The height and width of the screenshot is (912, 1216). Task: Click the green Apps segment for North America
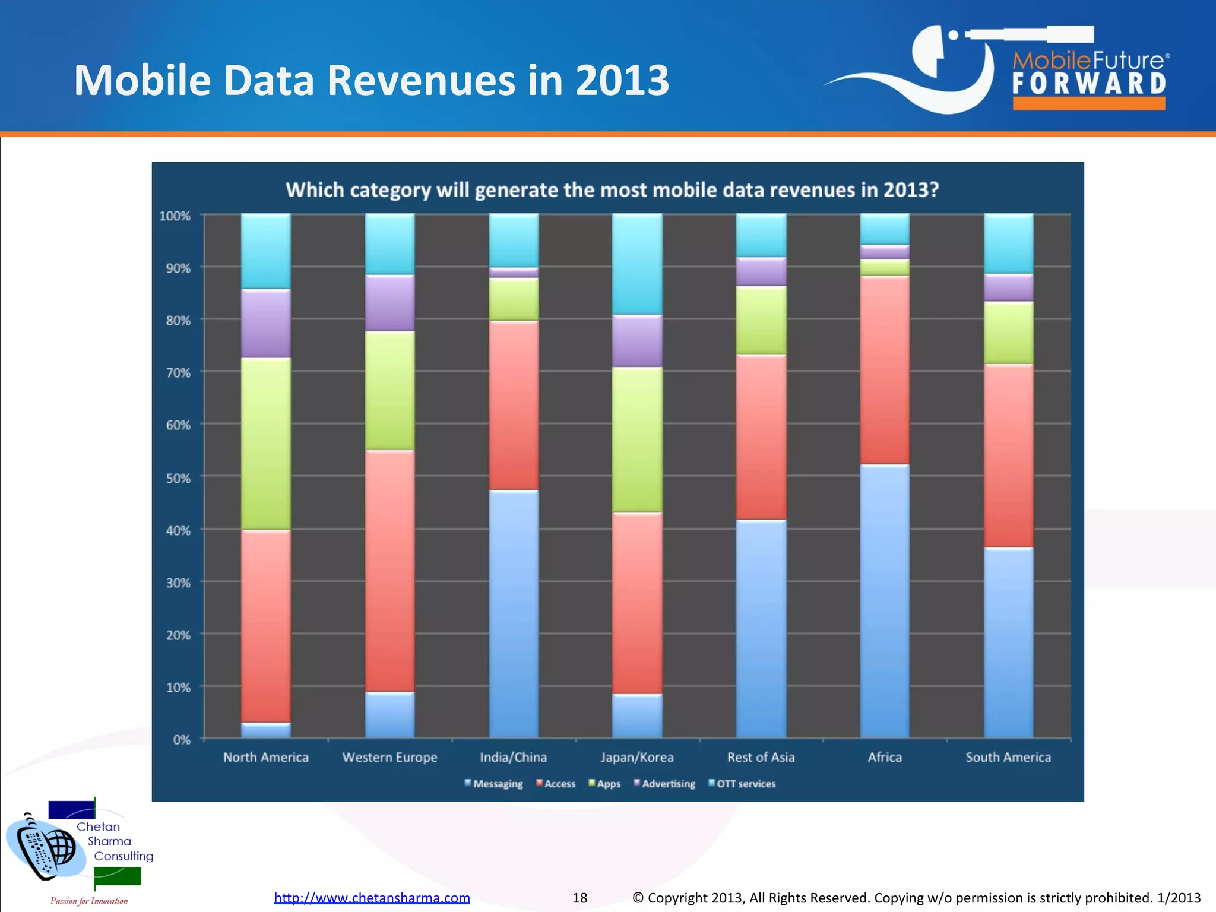pos(265,443)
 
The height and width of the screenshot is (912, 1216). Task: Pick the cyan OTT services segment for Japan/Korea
pos(637,264)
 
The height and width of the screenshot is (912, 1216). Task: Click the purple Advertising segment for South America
pos(1008,287)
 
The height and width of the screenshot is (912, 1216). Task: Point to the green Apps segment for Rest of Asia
pos(761,321)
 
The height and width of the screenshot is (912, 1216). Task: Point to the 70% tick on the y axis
pos(178,373)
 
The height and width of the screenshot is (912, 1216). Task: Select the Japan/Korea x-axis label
pos(637,757)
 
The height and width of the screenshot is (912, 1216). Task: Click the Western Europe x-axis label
pos(389,757)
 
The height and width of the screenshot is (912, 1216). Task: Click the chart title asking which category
pos(612,190)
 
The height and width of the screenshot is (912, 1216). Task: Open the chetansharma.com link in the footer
pos(372,898)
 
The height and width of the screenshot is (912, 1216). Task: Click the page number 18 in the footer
pos(579,898)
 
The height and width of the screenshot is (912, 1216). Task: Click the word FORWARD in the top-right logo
pos(1089,84)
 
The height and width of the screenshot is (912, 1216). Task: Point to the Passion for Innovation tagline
pos(89,901)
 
